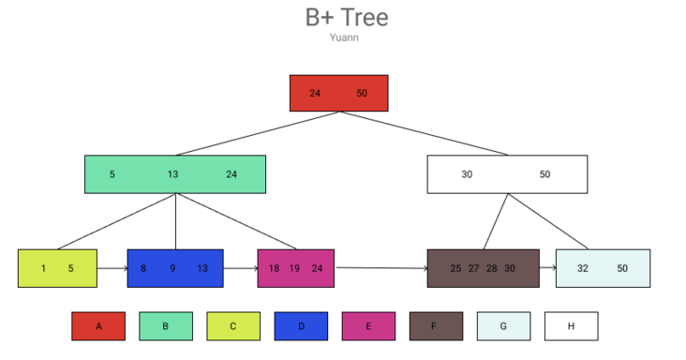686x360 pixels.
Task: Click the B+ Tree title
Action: (x=347, y=17)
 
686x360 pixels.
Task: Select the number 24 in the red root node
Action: (x=315, y=94)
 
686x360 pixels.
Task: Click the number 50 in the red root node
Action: (x=363, y=94)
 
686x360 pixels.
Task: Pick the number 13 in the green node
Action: (x=173, y=174)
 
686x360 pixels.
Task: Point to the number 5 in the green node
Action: (x=112, y=174)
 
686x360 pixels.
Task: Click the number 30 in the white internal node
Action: (x=467, y=174)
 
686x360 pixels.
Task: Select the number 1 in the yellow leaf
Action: (x=43, y=268)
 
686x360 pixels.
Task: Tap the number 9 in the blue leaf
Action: (x=172, y=268)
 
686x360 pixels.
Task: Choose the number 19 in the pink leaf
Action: (x=294, y=268)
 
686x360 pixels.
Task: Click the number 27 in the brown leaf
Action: (x=474, y=268)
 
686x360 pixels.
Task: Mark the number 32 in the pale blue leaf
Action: (x=583, y=268)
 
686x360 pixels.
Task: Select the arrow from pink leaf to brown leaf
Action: (x=380, y=268)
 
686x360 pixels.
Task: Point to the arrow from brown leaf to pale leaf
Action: (x=547, y=268)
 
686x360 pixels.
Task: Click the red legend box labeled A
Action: (x=98, y=326)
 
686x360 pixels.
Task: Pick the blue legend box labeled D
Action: (x=301, y=326)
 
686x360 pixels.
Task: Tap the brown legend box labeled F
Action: (x=436, y=326)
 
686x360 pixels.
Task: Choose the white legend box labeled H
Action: (x=571, y=326)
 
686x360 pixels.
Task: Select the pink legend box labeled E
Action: (x=368, y=326)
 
